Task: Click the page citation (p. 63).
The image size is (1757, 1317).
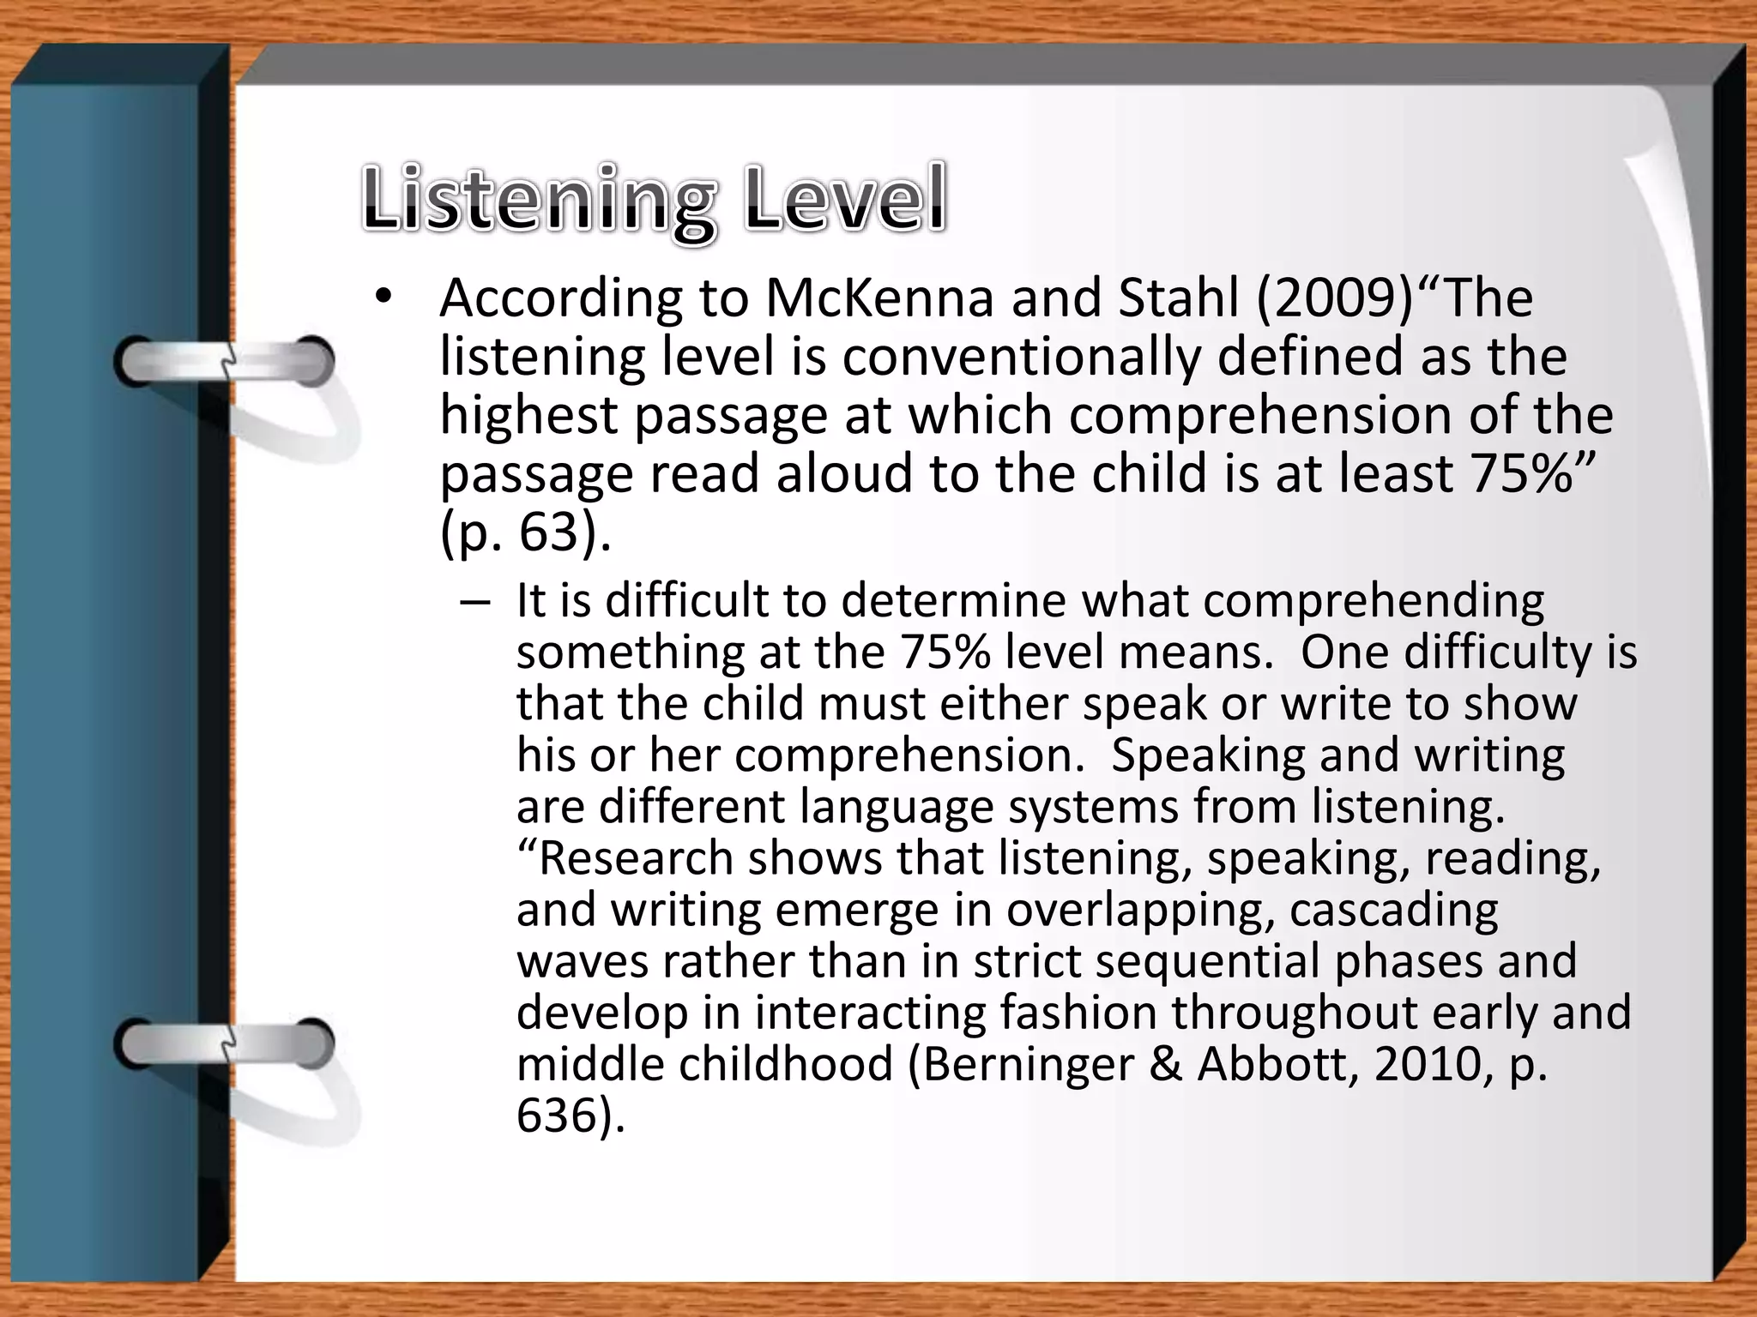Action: coord(525,533)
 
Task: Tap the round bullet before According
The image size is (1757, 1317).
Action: coord(383,299)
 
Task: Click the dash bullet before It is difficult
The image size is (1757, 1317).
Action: coord(474,601)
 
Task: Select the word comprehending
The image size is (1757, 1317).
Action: coord(1373,601)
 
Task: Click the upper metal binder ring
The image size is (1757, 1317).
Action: coord(225,363)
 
